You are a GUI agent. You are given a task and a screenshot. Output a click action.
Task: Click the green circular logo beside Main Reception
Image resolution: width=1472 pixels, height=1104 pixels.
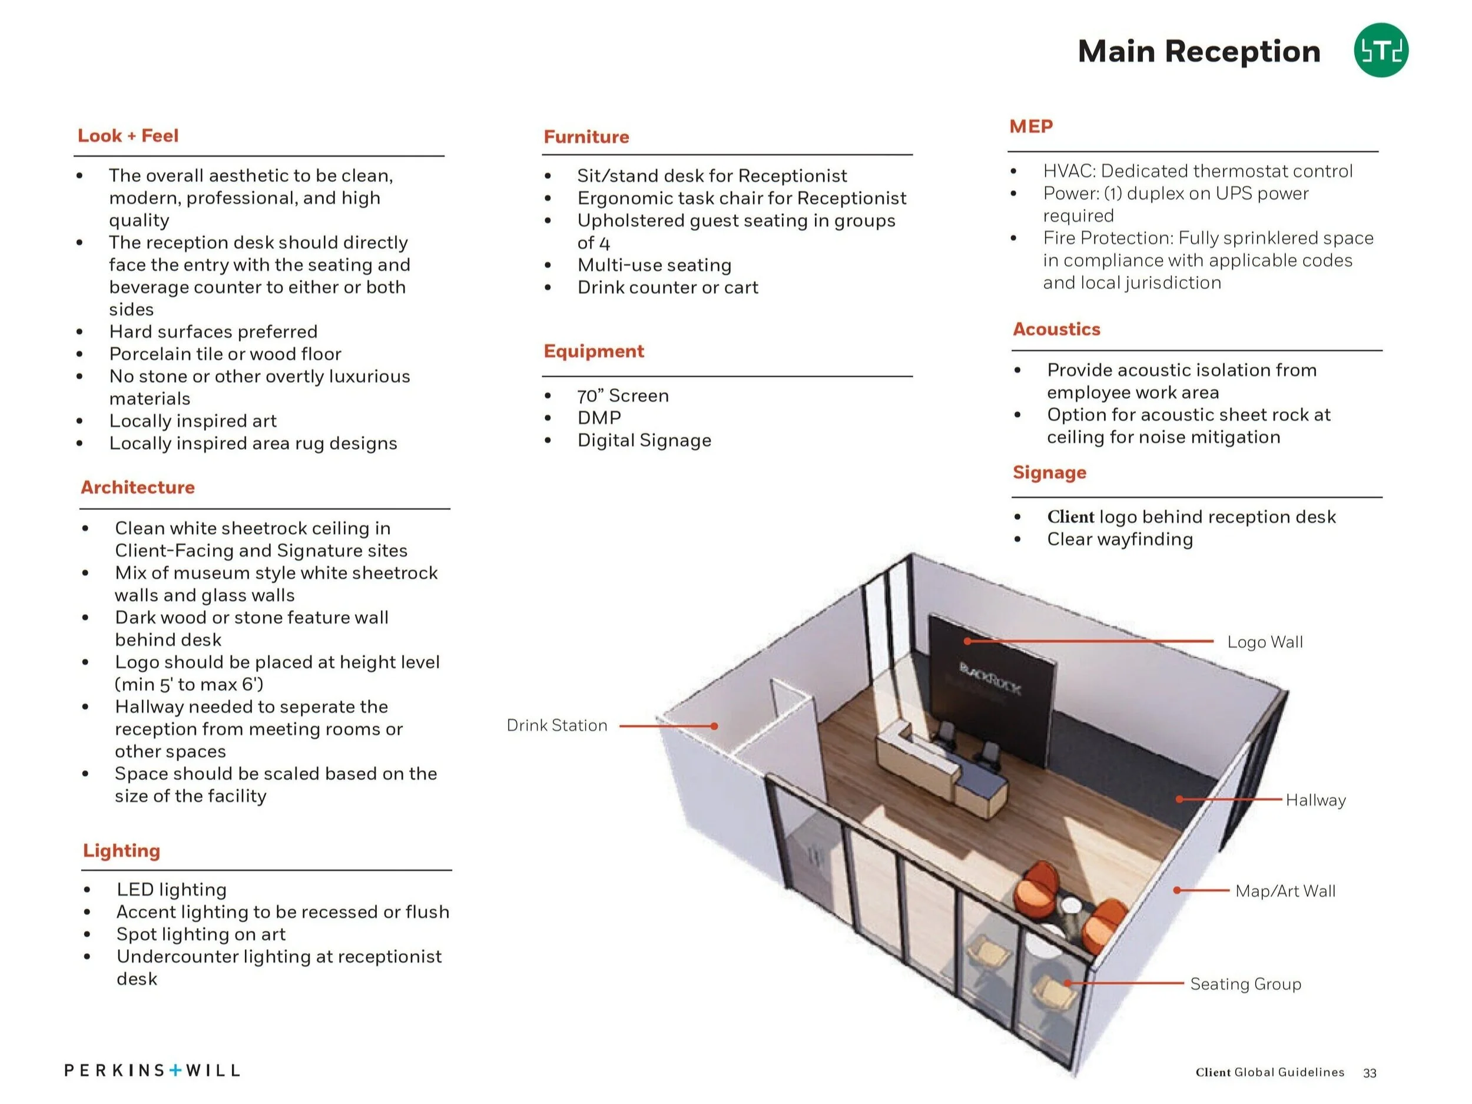(1380, 51)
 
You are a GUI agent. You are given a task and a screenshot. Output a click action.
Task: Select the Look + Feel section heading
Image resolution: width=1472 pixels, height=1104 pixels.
(128, 136)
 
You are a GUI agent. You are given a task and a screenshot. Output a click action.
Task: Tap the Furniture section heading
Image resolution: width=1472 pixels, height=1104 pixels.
(586, 137)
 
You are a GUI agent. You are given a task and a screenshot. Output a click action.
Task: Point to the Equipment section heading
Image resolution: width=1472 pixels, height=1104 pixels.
(594, 351)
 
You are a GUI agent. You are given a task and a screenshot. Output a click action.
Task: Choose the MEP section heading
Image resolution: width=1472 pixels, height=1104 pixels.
(1031, 127)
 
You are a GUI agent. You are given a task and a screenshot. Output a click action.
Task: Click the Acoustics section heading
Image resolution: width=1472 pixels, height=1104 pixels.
(1056, 329)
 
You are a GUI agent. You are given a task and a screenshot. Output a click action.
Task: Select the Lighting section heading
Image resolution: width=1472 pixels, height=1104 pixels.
(121, 850)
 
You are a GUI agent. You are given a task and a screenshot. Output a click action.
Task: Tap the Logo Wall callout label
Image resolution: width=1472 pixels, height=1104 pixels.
(1264, 642)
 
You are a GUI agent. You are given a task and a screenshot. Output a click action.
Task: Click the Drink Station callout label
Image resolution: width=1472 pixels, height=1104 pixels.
(557, 725)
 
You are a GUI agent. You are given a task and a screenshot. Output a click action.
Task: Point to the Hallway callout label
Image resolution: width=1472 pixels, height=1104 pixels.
(1315, 799)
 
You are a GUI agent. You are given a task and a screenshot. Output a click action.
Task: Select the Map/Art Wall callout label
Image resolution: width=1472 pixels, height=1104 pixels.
(1285, 890)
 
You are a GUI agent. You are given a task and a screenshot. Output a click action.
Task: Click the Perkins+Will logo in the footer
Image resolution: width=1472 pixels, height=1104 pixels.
(152, 1070)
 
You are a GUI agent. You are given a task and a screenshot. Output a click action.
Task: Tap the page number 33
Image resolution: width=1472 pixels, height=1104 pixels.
(1369, 1073)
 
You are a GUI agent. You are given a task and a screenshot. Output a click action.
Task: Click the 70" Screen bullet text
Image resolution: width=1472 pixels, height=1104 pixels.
(623, 395)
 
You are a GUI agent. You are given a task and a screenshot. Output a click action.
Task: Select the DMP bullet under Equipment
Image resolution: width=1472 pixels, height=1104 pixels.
(599, 418)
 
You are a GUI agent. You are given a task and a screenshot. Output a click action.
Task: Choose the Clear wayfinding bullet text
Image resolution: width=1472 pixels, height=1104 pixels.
(1119, 539)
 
